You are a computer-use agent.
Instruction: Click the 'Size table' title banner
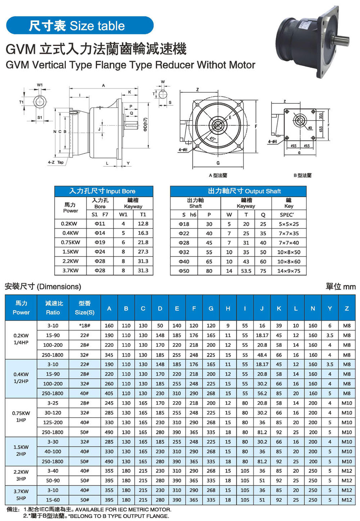point(80,26)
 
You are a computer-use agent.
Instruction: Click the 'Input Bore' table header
point(104,191)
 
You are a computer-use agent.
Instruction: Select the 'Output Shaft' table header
point(238,191)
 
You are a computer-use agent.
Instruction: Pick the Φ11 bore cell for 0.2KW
point(100,224)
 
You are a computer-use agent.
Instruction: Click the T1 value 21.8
point(143,243)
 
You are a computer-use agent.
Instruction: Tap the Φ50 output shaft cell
point(184,271)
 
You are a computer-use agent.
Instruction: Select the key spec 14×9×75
point(288,271)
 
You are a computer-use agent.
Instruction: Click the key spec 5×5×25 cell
point(288,224)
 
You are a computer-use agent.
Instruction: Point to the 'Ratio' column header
point(53,308)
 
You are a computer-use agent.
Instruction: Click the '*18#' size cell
point(85,326)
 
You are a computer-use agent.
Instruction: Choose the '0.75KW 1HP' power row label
point(21,417)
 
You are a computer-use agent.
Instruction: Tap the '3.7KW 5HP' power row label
point(21,495)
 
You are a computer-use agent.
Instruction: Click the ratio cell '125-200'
point(53,422)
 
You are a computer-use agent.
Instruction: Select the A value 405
point(109,393)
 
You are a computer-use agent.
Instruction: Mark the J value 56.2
point(262,393)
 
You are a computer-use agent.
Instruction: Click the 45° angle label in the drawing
point(213,139)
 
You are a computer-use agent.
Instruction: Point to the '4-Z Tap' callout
point(56,162)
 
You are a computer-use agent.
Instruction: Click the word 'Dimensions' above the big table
point(59,287)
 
